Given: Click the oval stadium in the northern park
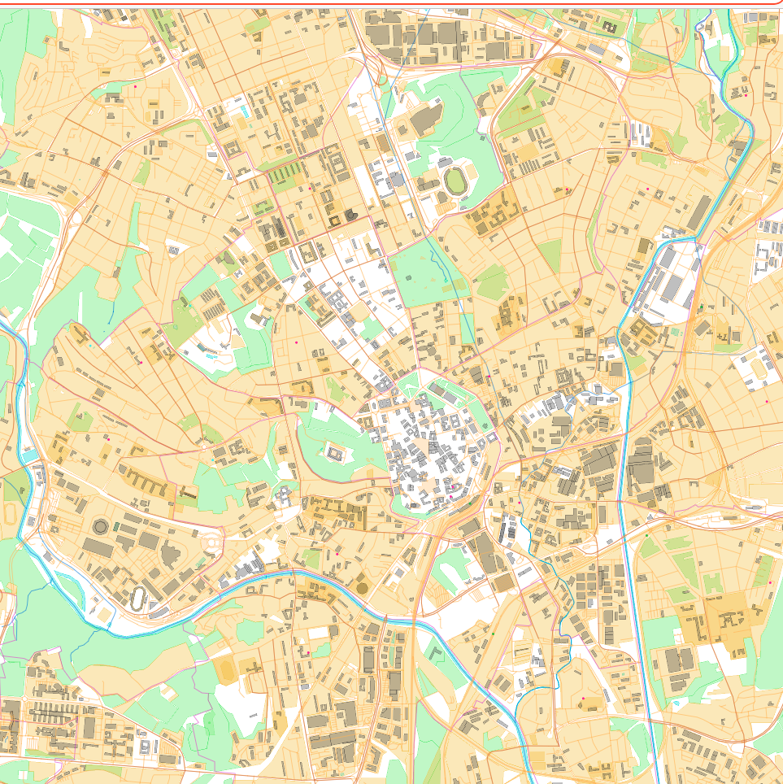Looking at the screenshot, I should pos(454,181).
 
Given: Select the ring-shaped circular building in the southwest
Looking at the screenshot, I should pos(101,526).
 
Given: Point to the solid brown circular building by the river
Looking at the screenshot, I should pos(362,586).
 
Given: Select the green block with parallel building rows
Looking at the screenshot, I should pos(284,174).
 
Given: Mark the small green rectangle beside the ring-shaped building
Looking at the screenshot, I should pos(115,528).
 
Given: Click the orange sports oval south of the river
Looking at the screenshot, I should pos(224,671).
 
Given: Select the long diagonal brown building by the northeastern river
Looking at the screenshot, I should pos(699,212).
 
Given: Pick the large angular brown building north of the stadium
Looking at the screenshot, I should pos(424,120).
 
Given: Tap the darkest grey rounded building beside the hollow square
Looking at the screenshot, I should pos(350,214).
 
